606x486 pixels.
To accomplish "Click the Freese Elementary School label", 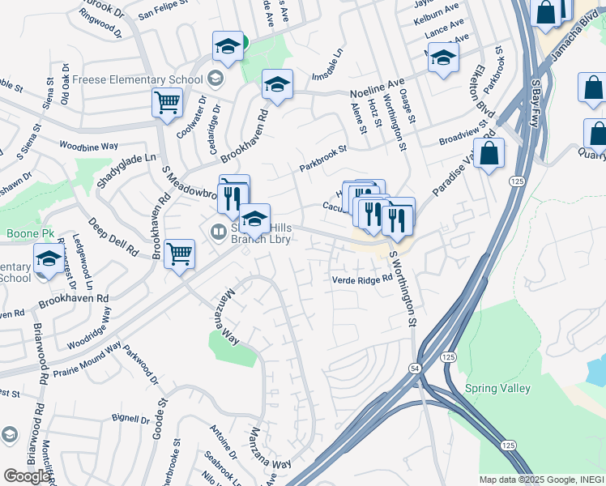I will coord(137,79).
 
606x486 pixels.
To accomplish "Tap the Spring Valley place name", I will coord(497,388).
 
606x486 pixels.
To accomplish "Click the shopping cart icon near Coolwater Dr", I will coord(167,104).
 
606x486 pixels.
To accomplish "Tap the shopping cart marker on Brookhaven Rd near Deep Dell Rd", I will coord(179,254).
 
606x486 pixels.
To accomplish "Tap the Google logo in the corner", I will coord(26,476).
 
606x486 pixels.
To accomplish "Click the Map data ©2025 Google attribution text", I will coord(541,479).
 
